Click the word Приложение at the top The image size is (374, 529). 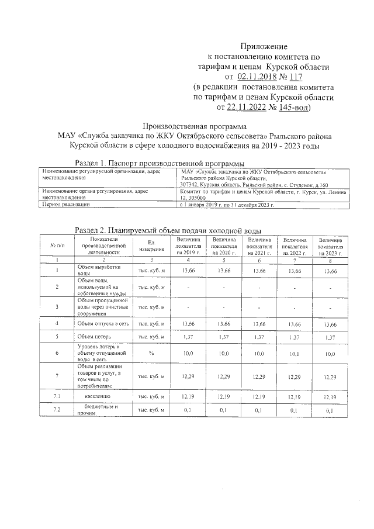[x=264, y=46]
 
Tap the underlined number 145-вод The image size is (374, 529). [x=294, y=107]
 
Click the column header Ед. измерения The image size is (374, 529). [x=151, y=246]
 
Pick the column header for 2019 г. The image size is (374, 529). [x=188, y=246]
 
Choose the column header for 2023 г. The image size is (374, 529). [x=330, y=247]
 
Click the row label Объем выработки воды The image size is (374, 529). [x=99, y=270]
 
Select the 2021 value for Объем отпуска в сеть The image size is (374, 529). [x=259, y=323]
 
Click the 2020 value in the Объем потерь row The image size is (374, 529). [x=224, y=337]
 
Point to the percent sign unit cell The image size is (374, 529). [x=151, y=354]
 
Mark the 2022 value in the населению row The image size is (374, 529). [x=295, y=397]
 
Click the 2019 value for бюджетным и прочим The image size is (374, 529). [x=188, y=411]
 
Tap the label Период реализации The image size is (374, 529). [x=66, y=205]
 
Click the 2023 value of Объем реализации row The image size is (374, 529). [x=330, y=378]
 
